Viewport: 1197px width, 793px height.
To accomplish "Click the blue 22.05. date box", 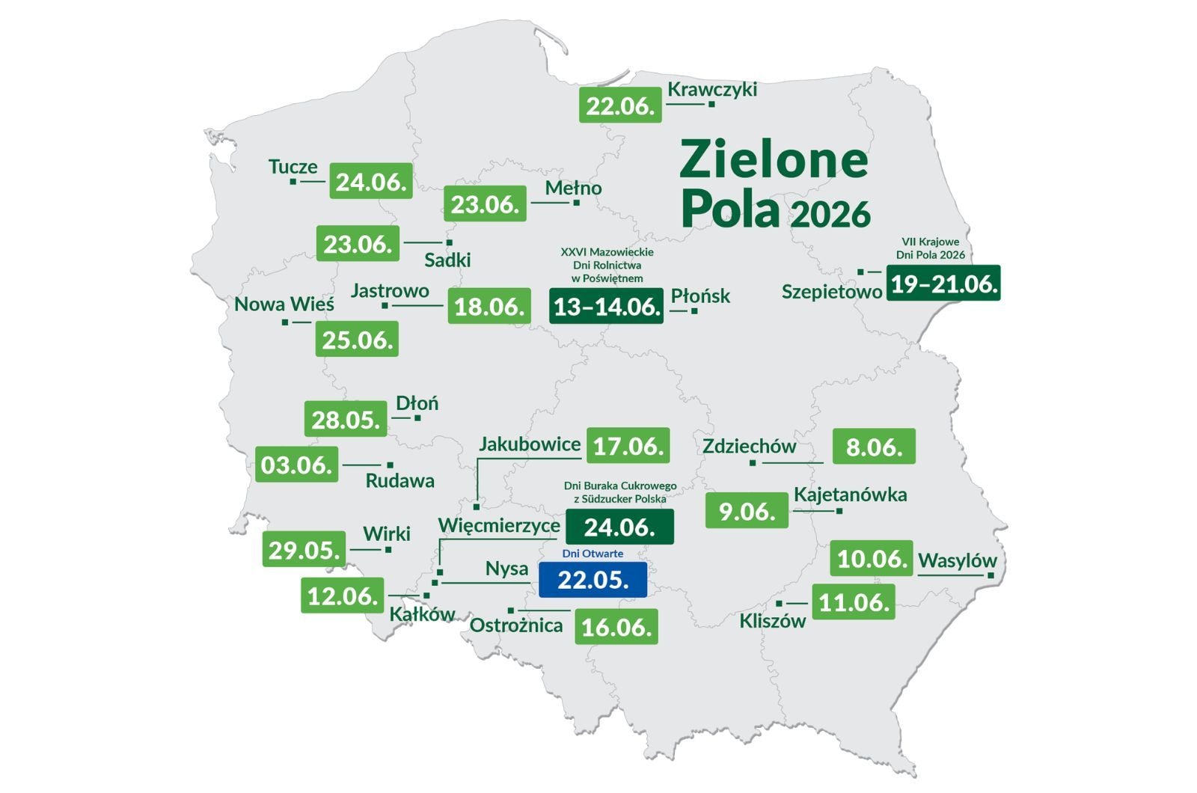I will pos(593,580).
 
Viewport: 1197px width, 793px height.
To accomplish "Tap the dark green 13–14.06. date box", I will pos(606,306).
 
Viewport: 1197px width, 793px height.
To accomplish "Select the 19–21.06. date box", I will pos(943,284).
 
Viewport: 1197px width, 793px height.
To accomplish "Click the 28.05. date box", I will pos(346,419).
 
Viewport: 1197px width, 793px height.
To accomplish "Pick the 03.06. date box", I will pos(296,465).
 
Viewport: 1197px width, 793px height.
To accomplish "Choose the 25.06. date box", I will pos(357,340).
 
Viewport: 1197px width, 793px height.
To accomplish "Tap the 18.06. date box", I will pos(489,306).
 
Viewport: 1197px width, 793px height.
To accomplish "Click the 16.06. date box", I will pos(616,627).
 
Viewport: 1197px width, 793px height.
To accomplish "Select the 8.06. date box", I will pos(874,447).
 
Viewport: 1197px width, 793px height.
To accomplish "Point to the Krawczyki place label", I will pos(711,89).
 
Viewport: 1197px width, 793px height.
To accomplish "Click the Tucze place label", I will pos(293,166).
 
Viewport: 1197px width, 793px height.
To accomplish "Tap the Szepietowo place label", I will pos(831,292).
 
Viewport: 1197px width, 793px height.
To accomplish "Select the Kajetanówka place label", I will pos(850,495).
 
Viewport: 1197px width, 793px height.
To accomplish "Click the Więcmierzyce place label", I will pos(499,525).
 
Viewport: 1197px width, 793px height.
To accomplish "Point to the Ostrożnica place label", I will pos(516,625).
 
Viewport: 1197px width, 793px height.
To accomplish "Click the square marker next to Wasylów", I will pos(990,575).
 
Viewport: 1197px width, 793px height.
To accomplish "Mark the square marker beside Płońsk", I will pos(694,310).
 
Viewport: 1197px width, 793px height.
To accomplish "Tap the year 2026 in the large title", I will pos(830,215).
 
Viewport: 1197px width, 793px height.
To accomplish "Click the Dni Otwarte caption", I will pos(593,554).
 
